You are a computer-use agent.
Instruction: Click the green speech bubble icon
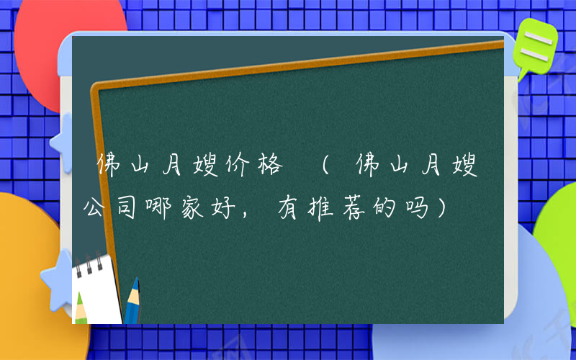point(534,45)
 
